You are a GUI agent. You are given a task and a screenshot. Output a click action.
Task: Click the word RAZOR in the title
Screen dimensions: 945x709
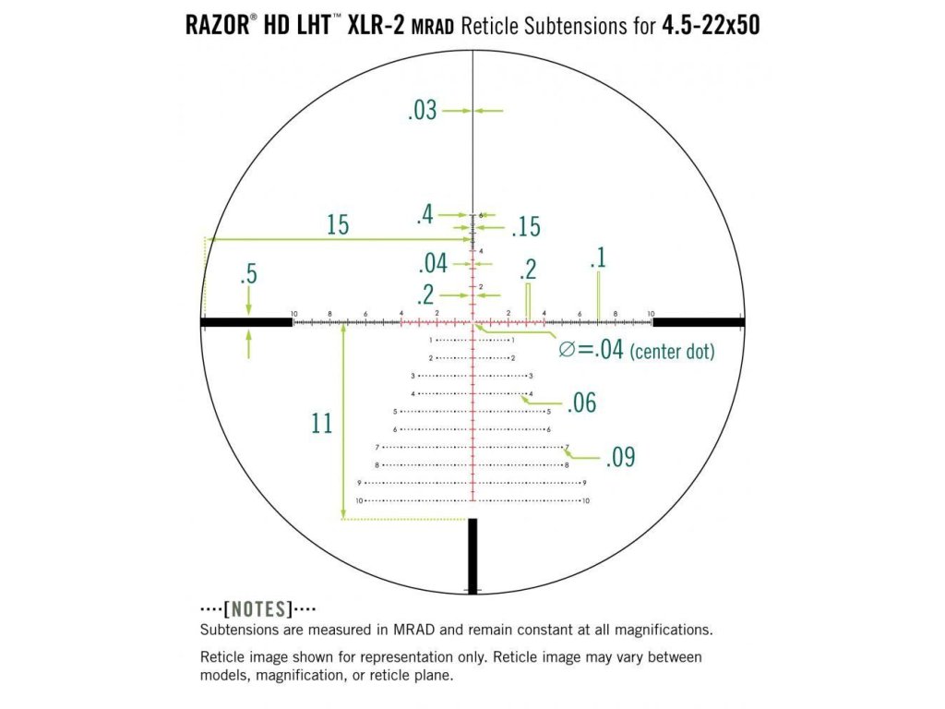coord(215,25)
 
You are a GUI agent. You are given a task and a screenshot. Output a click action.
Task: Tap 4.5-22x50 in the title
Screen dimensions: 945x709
coord(711,25)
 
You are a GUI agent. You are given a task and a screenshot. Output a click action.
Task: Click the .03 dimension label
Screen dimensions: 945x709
coord(422,112)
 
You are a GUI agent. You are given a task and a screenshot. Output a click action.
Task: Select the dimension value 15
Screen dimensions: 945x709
coord(338,224)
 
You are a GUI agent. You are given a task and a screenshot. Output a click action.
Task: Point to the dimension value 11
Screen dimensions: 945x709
coord(321,424)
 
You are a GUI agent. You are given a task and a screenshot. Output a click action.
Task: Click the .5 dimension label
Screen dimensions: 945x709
coord(247,275)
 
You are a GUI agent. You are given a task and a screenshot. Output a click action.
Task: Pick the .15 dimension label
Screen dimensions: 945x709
coord(525,227)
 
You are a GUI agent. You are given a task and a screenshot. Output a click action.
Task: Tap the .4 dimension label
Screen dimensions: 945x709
coord(425,216)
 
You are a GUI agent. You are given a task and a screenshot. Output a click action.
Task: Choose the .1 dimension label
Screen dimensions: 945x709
coord(598,258)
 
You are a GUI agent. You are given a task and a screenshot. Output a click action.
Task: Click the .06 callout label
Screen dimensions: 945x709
coord(581,403)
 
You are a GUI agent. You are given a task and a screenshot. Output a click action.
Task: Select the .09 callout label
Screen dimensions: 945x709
coord(620,457)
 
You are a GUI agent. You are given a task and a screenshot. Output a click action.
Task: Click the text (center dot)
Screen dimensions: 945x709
coord(672,352)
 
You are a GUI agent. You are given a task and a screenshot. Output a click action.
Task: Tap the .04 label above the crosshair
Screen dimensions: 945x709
coord(432,264)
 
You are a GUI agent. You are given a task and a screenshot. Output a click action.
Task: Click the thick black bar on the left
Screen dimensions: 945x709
coord(246,322)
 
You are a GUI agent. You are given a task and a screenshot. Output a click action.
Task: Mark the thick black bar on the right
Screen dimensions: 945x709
coord(698,322)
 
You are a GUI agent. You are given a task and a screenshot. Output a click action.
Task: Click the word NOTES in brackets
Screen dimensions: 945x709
coord(261,609)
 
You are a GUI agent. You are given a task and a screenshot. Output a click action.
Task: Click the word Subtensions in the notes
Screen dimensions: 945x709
coord(242,631)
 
